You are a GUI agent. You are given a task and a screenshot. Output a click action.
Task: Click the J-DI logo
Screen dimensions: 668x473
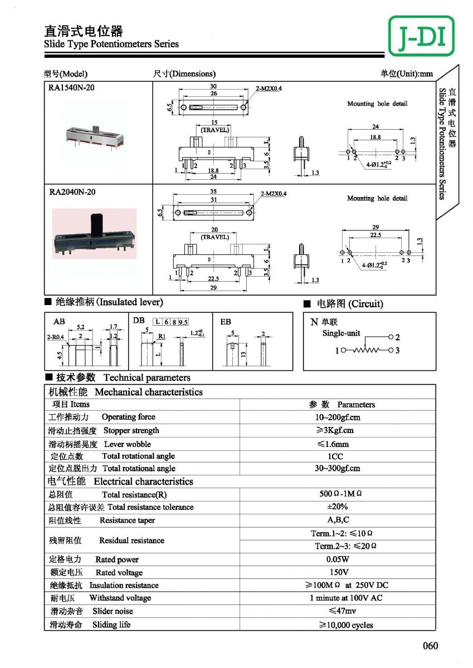(x=421, y=36)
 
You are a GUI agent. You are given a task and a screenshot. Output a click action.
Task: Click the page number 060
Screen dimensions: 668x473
(x=430, y=646)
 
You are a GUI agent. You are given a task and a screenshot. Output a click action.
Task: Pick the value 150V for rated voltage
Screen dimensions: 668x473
(x=337, y=572)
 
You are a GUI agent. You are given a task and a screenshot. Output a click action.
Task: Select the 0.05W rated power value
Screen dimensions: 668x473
(x=337, y=559)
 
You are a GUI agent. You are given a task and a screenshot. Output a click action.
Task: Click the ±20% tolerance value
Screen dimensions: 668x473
(x=337, y=507)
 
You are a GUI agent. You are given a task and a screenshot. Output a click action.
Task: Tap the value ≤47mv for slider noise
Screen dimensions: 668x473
(x=337, y=611)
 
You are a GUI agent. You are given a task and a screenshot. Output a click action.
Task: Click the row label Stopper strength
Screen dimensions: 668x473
(x=131, y=430)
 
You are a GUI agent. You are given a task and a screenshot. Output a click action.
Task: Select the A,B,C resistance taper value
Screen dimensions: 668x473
(x=338, y=520)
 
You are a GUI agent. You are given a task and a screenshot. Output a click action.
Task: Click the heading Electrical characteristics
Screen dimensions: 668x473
(x=143, y=482)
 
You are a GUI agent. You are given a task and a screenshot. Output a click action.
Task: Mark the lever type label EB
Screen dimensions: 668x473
(x=226, y=322)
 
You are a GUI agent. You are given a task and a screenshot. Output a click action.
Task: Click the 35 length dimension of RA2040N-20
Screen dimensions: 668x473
(x=213, y=191)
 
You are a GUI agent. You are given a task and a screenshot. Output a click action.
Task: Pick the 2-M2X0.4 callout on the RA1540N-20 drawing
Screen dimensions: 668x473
(x=269, y=89)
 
